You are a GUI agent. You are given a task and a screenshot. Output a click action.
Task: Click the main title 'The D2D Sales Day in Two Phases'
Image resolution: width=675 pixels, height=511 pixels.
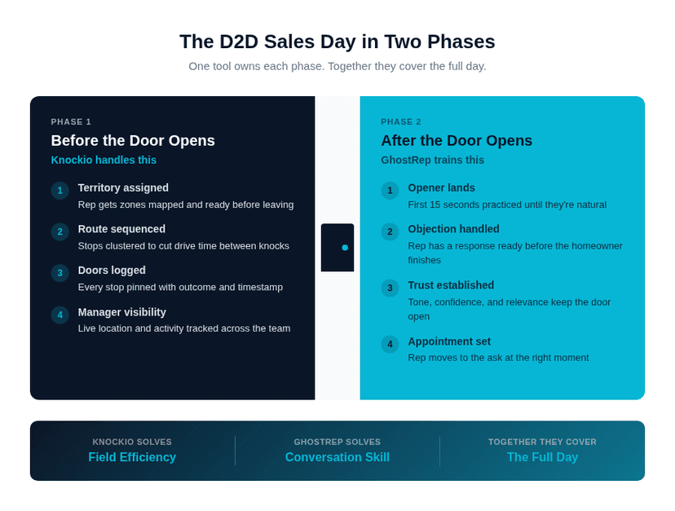pos(337,42)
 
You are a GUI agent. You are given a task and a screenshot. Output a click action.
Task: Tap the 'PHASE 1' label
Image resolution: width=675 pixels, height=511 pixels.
pos(71,121)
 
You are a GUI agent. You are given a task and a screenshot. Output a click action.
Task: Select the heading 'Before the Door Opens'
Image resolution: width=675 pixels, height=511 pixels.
pos(133,140)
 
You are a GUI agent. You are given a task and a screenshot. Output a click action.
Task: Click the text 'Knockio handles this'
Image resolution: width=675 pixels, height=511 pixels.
pos(104,160)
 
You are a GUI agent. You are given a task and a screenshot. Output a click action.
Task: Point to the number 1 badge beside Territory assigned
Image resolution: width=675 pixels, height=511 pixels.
pos(60,191)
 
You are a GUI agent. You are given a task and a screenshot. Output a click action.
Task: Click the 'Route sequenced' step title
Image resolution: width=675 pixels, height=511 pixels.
pos(121,229)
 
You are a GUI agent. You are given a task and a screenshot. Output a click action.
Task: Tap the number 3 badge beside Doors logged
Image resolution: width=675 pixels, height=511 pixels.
pos(60,273)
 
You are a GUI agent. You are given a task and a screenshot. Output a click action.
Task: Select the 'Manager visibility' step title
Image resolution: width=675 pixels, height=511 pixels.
pos(121,312)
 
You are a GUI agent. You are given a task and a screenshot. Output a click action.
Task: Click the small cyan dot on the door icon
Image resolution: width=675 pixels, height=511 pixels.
pos(345,247)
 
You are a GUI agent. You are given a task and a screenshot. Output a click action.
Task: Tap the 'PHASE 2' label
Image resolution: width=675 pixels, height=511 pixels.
pos(401,121)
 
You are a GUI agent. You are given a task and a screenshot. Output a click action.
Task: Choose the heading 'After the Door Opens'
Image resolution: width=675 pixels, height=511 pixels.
pos(457,140)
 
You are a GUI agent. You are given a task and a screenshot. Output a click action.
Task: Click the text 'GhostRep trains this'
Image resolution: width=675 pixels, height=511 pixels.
pos(432,160)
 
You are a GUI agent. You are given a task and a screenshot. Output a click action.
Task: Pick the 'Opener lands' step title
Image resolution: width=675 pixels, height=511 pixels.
pos(441,187)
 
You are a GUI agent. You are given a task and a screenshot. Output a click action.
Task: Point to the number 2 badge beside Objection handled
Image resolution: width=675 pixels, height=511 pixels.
pos(390,232)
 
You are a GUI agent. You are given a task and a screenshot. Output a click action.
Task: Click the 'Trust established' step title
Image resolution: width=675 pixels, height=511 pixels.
pos(451,285)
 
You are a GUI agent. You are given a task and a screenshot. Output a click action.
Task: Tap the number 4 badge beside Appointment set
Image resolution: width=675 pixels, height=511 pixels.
pos(390,344)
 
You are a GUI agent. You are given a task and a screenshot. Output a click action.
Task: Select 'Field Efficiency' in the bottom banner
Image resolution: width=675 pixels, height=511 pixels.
pos(132,457)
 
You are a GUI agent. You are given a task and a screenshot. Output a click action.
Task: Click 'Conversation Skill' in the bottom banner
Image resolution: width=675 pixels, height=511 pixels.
pos(337,457)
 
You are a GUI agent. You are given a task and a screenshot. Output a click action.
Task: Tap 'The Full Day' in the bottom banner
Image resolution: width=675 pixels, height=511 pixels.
pos(542,457)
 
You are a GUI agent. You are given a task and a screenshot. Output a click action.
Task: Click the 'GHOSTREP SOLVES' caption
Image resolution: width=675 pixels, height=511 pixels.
pos(337,442)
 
